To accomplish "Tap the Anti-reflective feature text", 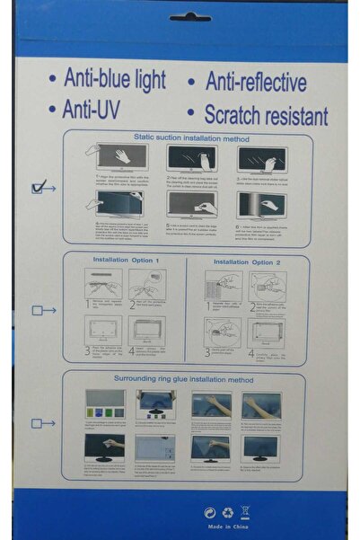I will [257, 82].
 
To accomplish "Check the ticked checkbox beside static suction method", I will [38, 187].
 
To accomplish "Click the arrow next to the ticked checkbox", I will [50, 187].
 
